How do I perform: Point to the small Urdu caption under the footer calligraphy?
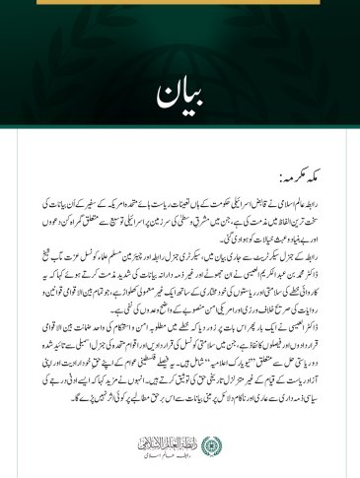(170, 440)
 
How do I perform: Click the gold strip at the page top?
(180, 4)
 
